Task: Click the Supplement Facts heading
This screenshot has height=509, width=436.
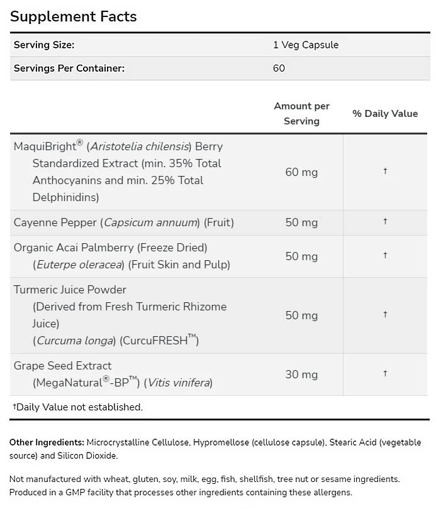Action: click(73, 16)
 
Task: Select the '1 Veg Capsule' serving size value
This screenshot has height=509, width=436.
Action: click(305, 45)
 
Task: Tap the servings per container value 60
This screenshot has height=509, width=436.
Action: click(279, 68)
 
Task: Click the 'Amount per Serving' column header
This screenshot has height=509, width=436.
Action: click(301, 114)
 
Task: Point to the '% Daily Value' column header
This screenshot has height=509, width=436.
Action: click(384, 114)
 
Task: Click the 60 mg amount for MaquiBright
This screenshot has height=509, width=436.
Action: click(301, 172)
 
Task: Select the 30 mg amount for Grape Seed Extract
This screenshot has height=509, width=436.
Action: click(301, 375)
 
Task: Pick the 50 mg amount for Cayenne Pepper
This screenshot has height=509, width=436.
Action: click(301, 222)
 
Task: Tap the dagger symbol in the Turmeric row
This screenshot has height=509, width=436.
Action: click(384, 315)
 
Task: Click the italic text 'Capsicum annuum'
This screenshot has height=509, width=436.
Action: click(150, 222)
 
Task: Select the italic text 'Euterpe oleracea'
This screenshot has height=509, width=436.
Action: click(79, 265)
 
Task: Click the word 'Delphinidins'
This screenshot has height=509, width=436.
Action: click(65, 197)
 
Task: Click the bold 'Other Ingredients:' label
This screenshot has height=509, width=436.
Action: click(47, 443)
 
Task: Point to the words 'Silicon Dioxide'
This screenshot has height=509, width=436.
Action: click(88, 456)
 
